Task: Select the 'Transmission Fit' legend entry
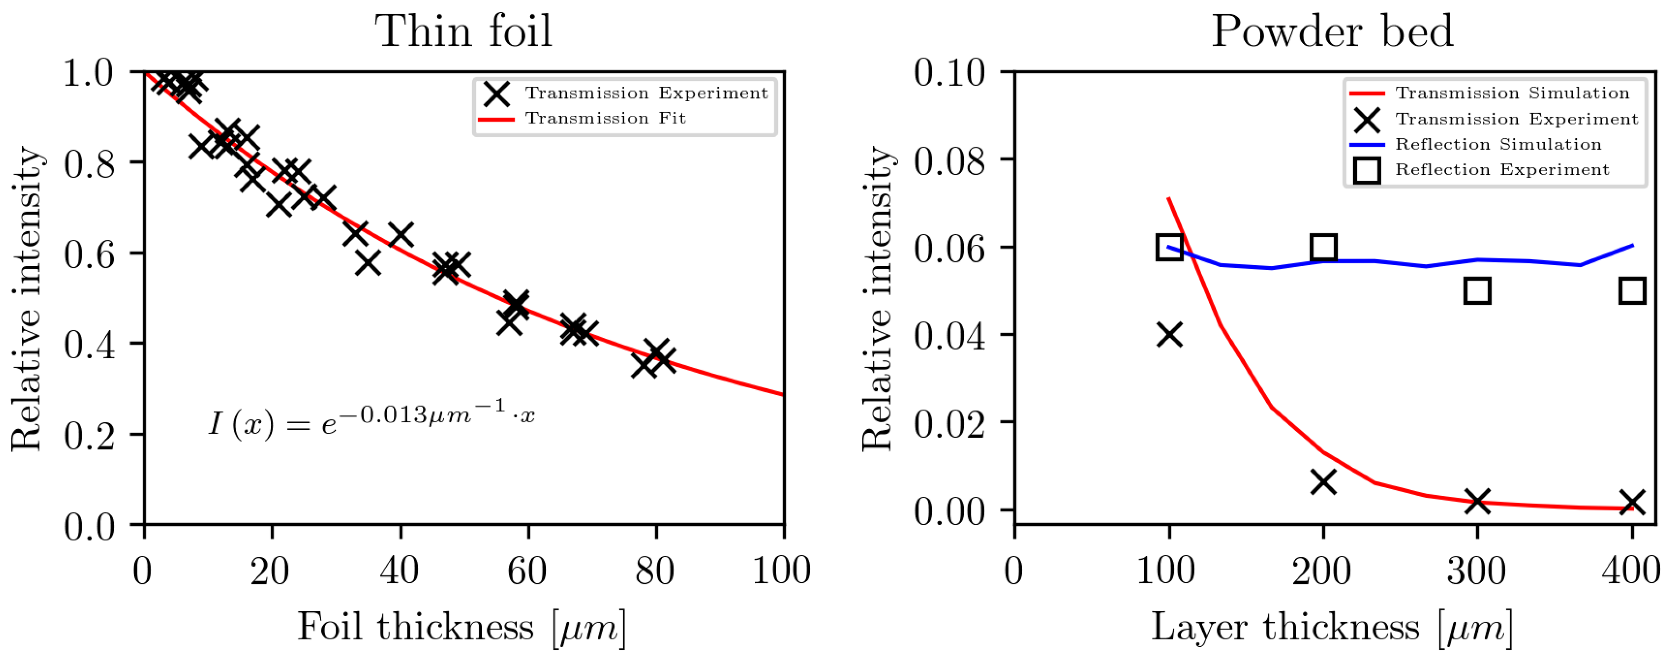tap(605, 119)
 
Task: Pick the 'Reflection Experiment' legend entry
tap(1502, 170)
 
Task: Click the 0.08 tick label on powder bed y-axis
tap(949, 161)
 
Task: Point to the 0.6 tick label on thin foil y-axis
tap(89, 253)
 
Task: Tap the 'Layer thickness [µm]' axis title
tap(1332, 628)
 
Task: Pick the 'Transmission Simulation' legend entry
tap(1511, 93)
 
